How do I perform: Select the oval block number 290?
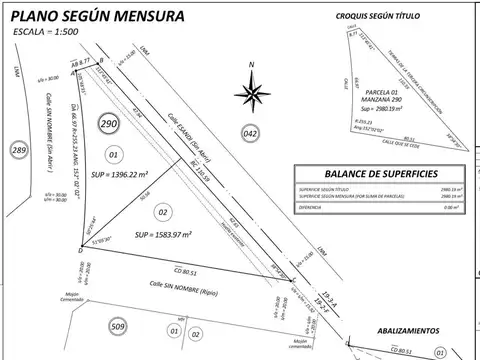111,124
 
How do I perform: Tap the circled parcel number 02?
165,211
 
